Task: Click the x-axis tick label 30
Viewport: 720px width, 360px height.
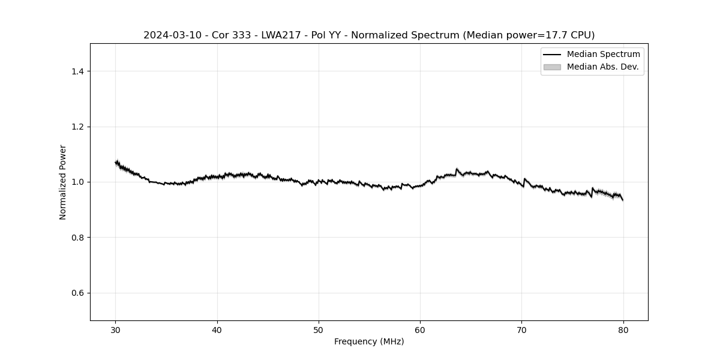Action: click(x=116, y=330)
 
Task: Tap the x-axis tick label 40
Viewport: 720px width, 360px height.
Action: click(x=217, y=330)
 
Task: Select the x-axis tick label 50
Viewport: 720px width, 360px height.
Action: click(x=319, y=330)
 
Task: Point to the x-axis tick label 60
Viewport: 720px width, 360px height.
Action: click(x=420, y=330)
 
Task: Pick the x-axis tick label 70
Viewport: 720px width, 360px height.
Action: click(x=521, y=330)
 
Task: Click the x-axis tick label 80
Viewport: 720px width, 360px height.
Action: click(x=623, y=330)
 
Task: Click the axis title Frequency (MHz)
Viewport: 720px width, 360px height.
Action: click(x=369, y=341)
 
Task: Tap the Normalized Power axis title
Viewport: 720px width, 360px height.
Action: click(x=63, y=182)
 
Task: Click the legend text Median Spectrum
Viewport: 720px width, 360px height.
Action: click(x=603, y=55)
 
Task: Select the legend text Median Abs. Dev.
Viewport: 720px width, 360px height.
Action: click(x=602, y=67)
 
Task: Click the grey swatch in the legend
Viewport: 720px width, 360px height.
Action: click(x=552, y=67)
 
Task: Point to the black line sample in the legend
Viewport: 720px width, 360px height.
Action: click(x=552, y=55)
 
